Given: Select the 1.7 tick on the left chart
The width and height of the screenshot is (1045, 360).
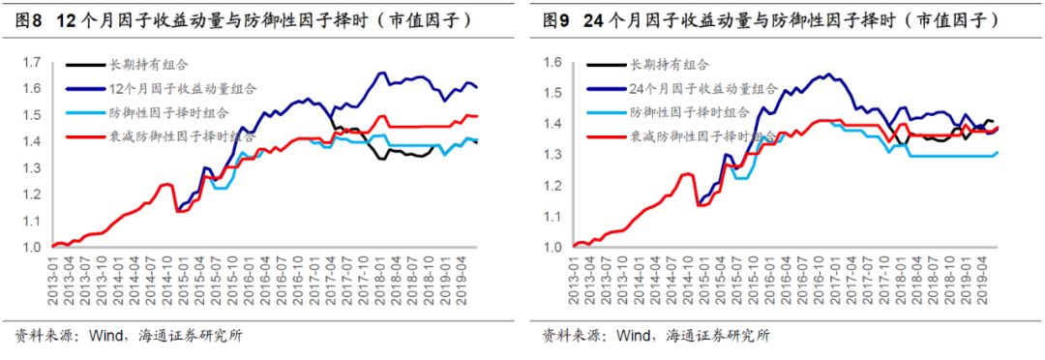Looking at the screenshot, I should (x=32, y=63).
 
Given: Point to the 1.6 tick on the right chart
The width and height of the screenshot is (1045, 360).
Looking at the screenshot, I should (x=553, y=63).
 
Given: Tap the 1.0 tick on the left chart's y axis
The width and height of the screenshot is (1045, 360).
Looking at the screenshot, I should (x=32, y=247).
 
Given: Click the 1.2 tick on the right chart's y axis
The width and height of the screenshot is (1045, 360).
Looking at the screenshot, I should (x=553, y=185).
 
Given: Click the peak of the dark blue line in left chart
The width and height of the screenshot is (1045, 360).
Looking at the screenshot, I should (x=380, y=73).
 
